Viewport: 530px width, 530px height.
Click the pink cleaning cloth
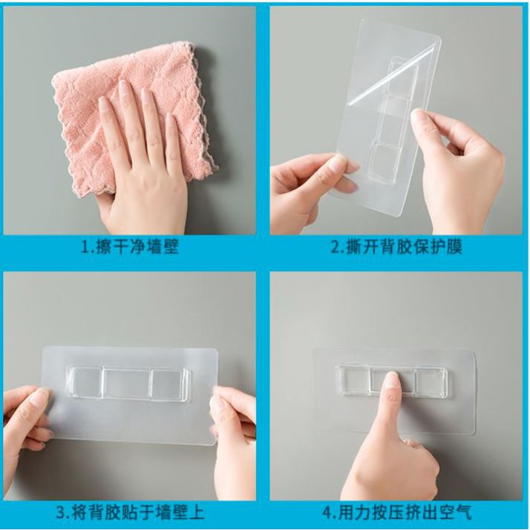click(82, 111)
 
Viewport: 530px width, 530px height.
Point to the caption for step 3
click(130, 512)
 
